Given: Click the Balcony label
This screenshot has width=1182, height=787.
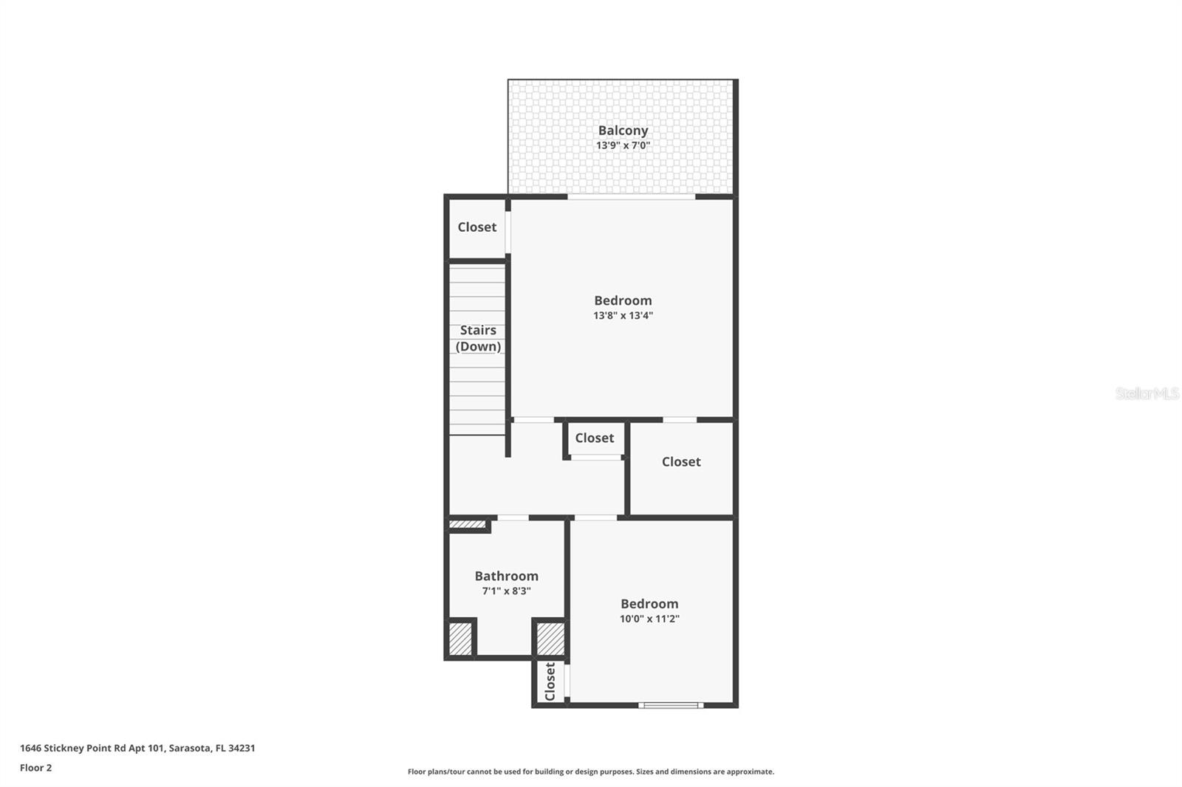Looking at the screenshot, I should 623,131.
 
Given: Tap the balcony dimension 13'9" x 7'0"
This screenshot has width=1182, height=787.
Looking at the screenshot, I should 623,145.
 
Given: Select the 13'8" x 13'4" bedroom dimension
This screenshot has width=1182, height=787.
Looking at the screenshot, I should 623,316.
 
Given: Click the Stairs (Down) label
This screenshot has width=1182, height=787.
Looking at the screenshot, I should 478,338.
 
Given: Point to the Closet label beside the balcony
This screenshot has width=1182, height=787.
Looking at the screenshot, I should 476,227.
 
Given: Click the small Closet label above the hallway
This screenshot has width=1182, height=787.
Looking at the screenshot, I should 594,438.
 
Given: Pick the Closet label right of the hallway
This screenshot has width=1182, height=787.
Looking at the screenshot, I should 680,461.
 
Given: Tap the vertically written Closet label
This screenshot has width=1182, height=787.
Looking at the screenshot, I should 550,681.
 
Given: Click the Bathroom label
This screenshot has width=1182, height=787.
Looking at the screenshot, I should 506,576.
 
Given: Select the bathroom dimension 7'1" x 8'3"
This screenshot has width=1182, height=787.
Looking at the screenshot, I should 506,591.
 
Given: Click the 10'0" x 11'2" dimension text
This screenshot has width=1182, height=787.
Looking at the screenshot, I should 649,619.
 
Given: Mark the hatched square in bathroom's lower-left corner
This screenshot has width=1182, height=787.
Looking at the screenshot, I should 460,639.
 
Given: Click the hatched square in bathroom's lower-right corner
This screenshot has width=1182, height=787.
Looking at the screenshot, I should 550,639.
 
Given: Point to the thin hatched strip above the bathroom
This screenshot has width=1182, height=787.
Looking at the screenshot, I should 467,525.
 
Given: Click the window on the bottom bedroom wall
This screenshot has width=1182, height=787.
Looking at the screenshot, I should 671,705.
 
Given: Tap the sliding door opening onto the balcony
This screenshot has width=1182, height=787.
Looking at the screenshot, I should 631,196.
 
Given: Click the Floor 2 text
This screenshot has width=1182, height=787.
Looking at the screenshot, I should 35,768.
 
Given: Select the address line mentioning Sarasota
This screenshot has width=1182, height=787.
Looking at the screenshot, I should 137,748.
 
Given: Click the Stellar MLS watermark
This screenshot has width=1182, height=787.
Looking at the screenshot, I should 1147,393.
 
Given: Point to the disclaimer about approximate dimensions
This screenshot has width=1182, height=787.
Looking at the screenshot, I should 590,771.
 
